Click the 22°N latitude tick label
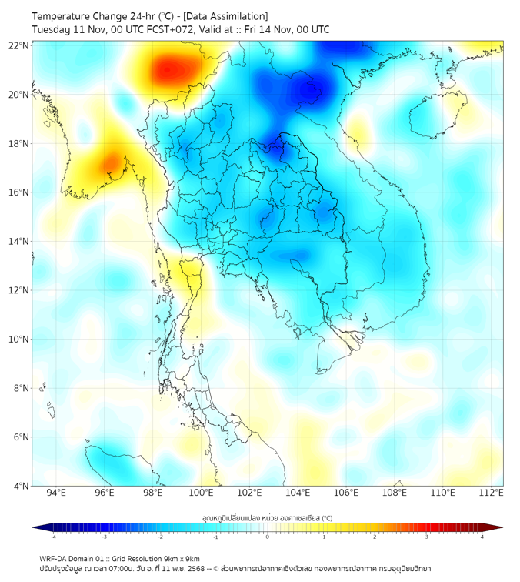19,45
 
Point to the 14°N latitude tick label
19,241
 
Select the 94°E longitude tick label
56,493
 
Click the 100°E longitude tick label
202,493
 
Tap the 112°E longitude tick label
492,493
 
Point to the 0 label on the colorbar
268,537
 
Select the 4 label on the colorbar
482,537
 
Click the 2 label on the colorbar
375,537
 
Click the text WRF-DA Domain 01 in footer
78,558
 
